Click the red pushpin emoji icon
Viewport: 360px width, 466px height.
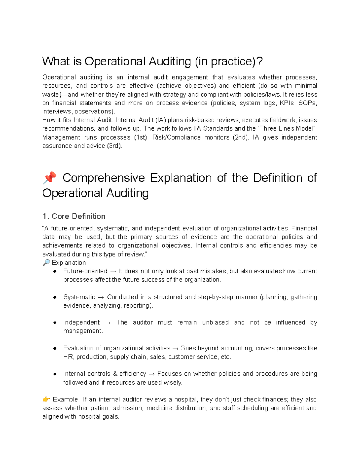[x=49, y=178]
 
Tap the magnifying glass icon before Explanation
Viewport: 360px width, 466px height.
[x=46, y=263]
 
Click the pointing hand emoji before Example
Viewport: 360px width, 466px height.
[x=46, y=399]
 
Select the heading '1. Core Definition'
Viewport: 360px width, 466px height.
[x=74, y=216]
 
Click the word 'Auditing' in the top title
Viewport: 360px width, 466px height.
[x=170, y=62]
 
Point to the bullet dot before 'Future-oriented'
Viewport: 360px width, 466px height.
[x=55, y=272]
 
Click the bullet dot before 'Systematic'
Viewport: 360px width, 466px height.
[x=55, y=297]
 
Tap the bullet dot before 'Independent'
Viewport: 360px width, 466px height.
[x=55, y=323]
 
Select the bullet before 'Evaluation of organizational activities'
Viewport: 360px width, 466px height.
[x=55, y=349]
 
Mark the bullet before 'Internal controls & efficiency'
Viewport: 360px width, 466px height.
[x=55, y=374]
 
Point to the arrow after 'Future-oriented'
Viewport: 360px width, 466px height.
[x=113, y=272]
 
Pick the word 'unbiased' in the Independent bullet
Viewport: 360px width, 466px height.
[x=215, y=323]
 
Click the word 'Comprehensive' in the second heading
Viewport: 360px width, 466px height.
[x=103, y=178]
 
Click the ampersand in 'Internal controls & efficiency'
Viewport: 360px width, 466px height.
[x=115, y=374]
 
